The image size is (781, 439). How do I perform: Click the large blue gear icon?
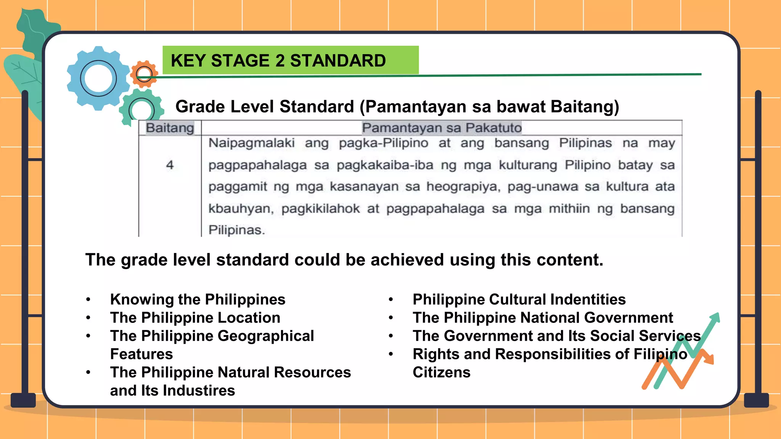98,79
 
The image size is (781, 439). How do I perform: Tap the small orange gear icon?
144,74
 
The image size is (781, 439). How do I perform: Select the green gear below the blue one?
141,109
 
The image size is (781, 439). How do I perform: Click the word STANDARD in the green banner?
338,61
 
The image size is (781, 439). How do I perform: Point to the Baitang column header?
170,128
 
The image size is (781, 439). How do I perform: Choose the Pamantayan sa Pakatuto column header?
442,128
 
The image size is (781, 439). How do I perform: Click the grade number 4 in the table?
170,165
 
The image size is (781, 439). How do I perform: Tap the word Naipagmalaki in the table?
252,143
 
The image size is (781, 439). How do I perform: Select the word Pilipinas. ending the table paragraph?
236,230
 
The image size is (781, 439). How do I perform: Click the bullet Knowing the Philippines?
198,300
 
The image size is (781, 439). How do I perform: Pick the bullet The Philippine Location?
195,318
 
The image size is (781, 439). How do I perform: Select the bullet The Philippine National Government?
543,318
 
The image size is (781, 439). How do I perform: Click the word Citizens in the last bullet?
441,372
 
